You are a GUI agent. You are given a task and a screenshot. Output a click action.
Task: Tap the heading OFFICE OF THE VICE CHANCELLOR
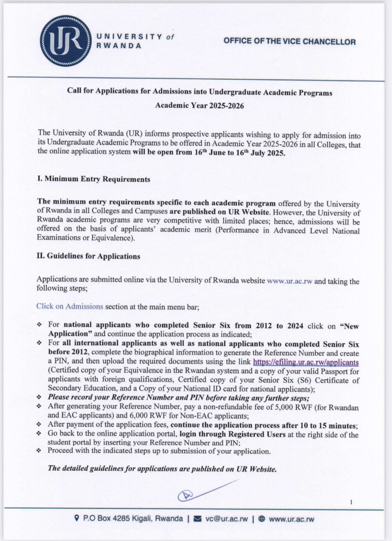pyautogui.click(x=290, y=42)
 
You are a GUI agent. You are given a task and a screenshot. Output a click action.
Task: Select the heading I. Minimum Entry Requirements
pyautogui.click(x=93, y=179)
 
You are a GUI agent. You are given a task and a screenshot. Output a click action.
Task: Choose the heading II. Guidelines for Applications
pyautogui.click(x=88, y=256)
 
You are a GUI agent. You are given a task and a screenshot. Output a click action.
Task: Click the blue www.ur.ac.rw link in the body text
pyautogui.click(x=290, y=281)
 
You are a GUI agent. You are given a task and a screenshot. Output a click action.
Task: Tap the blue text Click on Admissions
pyautogui.click(x=70, y=306)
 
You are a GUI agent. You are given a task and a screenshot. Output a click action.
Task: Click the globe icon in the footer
pyautogui.click(x=262, y=518)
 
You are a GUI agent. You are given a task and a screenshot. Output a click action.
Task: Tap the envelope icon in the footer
pyautogui.click(x=197, y=518)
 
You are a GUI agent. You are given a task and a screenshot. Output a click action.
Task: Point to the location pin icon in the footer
pyautogui.click(x=77, y=518)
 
